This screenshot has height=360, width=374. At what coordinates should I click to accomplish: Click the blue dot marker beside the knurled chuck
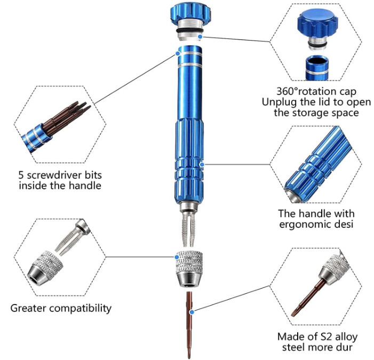tap(177, 257)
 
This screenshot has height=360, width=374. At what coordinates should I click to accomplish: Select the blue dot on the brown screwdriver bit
tap(192, 312)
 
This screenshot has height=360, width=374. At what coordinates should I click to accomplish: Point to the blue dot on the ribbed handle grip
tap(202, 164)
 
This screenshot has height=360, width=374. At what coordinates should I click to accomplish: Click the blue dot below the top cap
tap(200, 36)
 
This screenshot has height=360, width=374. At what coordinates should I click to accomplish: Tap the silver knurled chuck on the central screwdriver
tap(189, 269)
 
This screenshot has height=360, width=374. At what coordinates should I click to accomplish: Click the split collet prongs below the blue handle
tap(188, 229)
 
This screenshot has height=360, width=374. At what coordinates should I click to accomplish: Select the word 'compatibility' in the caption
tap(81, 308)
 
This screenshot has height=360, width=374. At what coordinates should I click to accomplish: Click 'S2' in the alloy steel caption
tap(326, 337)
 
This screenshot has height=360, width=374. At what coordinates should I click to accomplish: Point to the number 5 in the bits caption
tap(21, 175)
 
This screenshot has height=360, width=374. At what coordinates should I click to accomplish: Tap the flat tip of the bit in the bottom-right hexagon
tap(295, 314)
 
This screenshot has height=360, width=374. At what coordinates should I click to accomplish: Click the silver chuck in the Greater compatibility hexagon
tap(45, 267)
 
